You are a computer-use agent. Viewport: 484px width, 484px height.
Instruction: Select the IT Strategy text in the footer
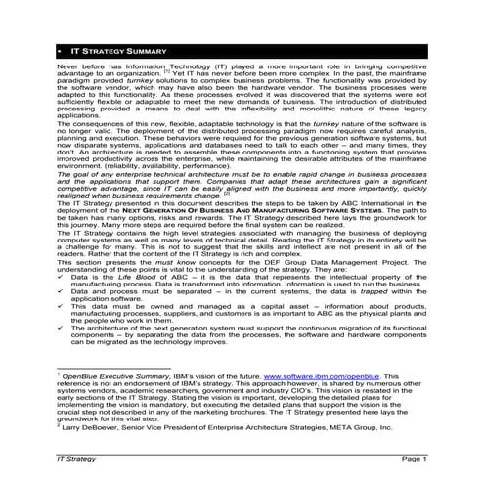click(78, 457)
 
